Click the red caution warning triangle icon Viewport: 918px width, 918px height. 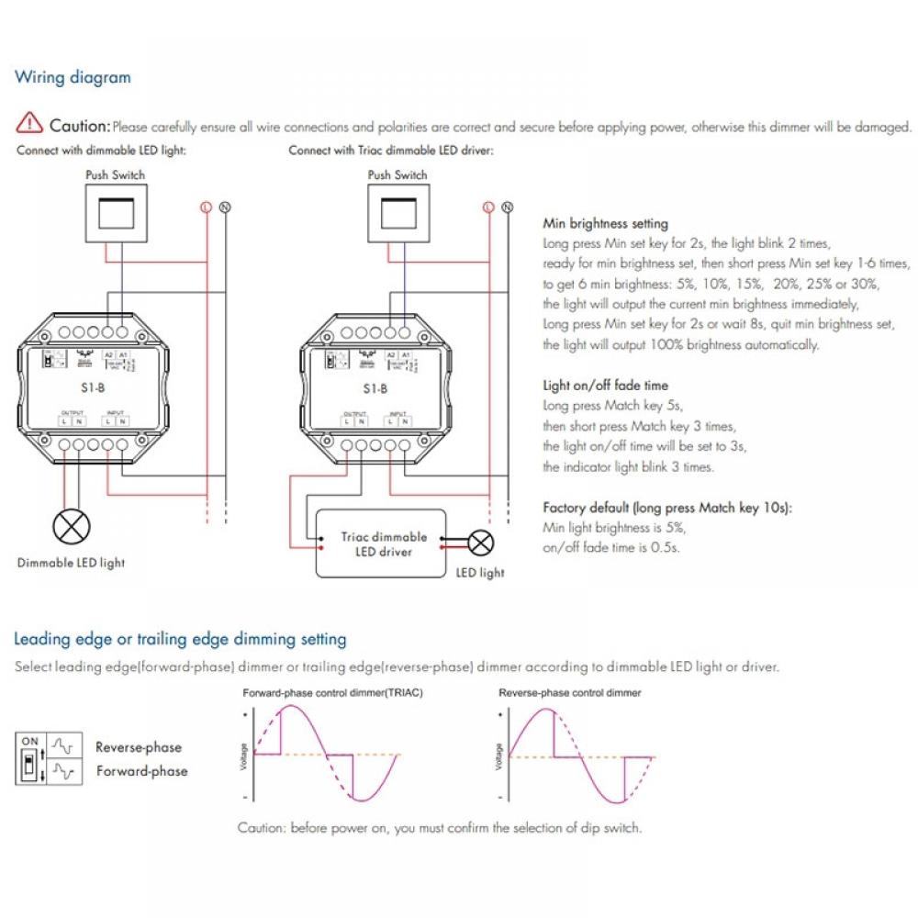tap(31, 123)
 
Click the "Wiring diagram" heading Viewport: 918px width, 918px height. tap(73, 77)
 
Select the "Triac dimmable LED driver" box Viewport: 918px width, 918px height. tap(380, 543)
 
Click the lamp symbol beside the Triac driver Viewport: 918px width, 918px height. tap(480, 543)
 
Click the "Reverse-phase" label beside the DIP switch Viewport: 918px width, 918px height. tap(139, 747)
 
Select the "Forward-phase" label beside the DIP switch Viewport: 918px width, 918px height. tap(141, 771)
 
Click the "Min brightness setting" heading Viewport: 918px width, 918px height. tap(605, 223)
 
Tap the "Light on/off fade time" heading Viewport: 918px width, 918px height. tap(605, 386)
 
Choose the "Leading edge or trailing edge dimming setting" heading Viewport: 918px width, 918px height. tap(180, 639)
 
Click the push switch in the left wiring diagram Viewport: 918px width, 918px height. tap(115, 210)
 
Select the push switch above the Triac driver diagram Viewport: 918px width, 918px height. tap(397, 210)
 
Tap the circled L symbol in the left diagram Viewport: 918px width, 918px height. tap(206, 207)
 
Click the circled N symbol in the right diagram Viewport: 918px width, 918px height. tap(508, 207)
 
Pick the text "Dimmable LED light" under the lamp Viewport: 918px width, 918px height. tap(71, 563)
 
